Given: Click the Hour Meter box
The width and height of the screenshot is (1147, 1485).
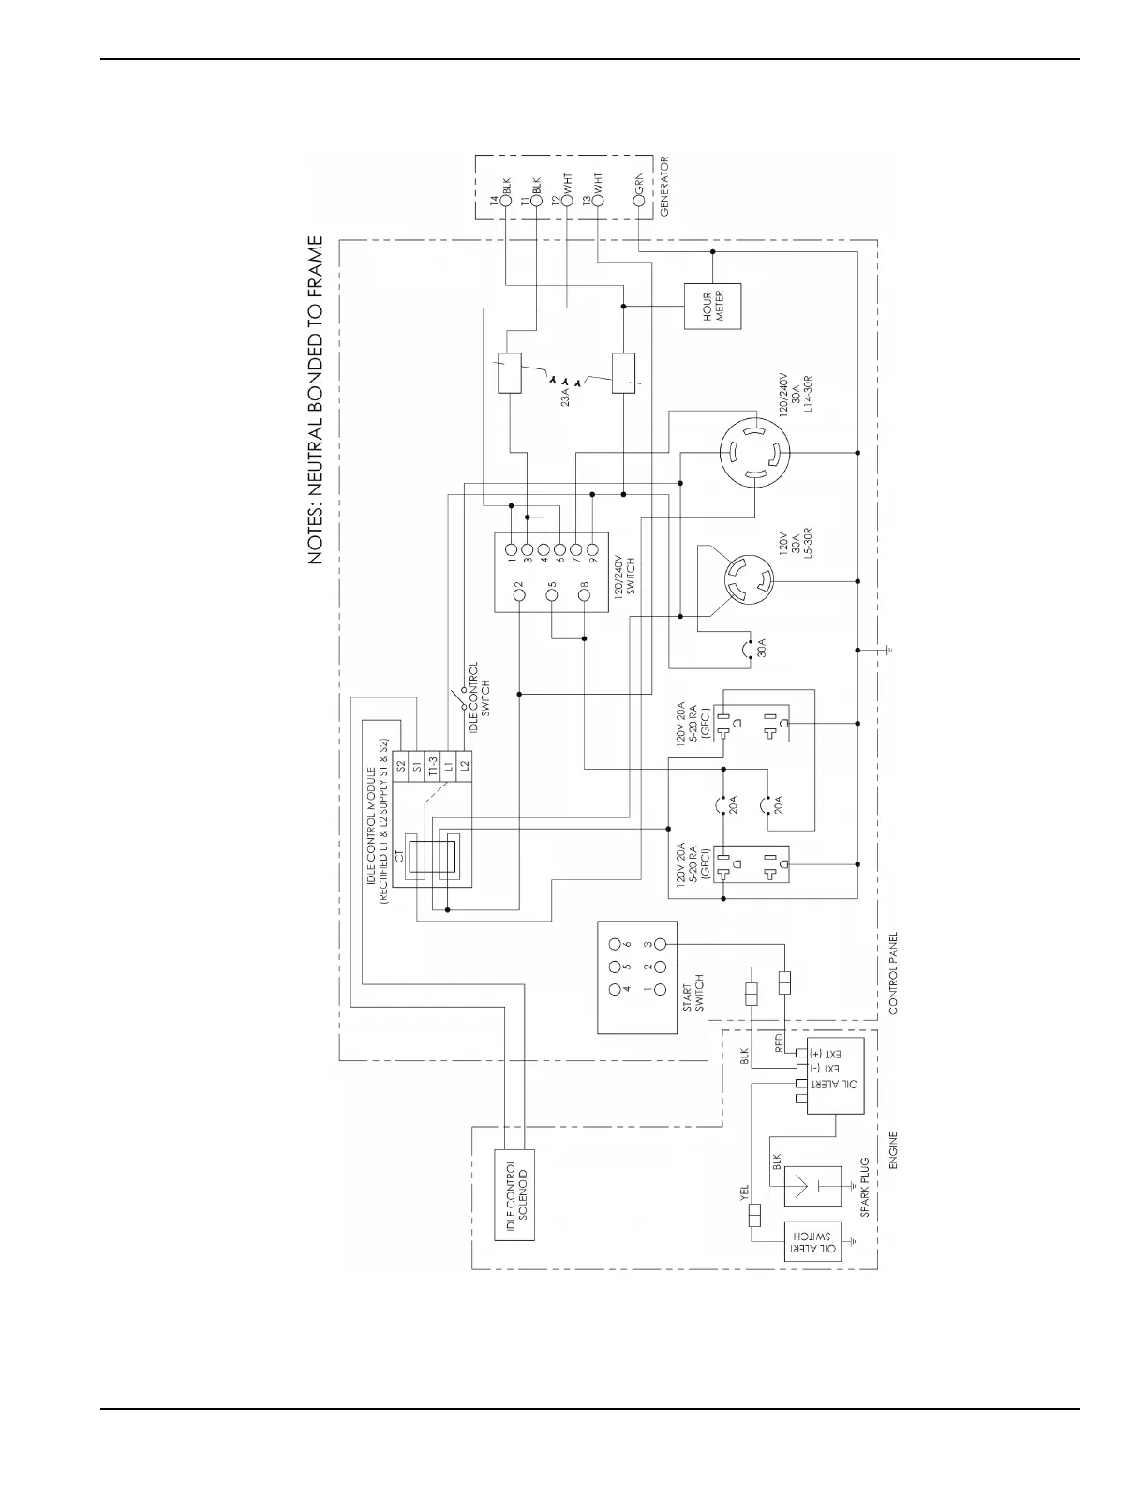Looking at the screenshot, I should click(712, 306).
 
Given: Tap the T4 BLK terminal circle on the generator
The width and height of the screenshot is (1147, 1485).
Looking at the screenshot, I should click(506, 200).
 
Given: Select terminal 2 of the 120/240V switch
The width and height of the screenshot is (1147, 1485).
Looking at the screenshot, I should click(519, 592).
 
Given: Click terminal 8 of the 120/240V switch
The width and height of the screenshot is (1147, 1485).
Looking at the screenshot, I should click(585, 592).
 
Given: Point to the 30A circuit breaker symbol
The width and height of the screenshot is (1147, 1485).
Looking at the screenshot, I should click(748, 649).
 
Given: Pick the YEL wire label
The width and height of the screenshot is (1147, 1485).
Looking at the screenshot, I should click(745, 1193).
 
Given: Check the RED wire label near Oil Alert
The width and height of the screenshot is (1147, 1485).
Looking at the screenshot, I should click(779, 1044).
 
